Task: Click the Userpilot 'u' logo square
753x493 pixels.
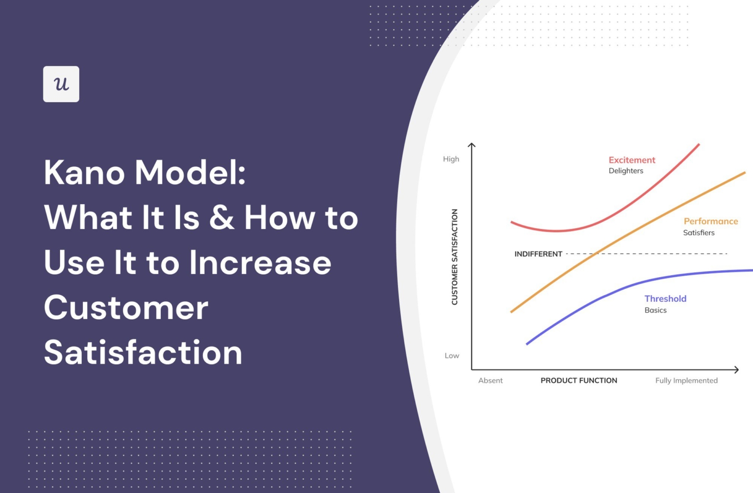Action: [61, 84]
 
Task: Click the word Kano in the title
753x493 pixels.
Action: [84, 173]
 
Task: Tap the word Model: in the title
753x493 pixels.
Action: [190, 173]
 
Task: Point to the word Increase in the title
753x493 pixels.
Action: [260, 262]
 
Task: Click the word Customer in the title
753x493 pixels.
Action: [126, 308]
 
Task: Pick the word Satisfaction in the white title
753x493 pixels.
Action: [143, 353]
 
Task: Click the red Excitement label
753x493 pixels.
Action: [631, 160]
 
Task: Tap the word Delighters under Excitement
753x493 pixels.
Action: [626, 171]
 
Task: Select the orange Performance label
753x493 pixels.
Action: [710, 221]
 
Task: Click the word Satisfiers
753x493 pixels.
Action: [699, 233]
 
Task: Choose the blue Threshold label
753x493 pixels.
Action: [665, 299]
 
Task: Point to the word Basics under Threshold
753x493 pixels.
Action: [655, 310]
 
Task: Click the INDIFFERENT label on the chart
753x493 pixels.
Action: [538, 254]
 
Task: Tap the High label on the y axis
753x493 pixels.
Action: [451, 159]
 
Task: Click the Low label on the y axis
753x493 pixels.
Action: [452, 356]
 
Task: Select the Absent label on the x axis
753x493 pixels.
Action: [490, 381]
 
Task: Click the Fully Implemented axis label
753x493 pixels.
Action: [686, 381]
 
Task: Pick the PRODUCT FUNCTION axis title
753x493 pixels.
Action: [578, 381]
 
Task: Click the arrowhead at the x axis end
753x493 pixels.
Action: [736, 369]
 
